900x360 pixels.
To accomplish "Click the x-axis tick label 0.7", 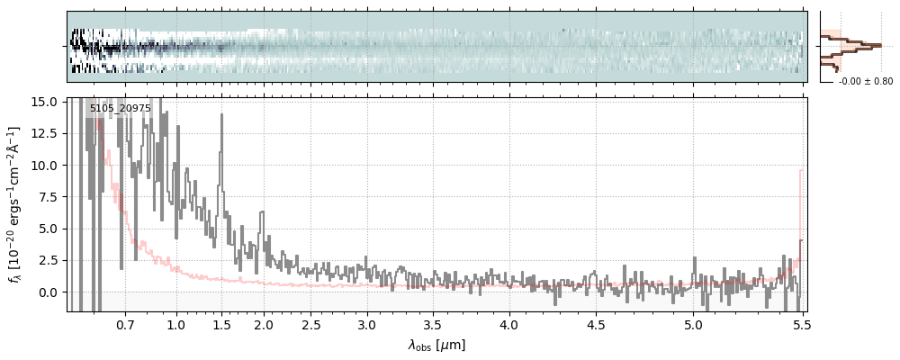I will coord(125,324).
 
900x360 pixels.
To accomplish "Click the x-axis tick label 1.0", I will coord(176,324).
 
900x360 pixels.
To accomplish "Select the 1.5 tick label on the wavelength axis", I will coord(221,324).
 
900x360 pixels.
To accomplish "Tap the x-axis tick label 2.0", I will coord(264,324).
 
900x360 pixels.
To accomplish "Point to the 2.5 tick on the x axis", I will coord(311,324).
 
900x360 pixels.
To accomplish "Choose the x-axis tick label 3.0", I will coord(366,324).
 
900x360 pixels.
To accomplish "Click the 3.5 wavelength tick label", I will coord(432,324).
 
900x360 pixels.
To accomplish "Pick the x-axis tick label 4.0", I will coord(509,324).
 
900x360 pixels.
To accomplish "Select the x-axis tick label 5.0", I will coord(693,324).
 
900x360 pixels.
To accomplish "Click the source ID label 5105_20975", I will coord(120,109).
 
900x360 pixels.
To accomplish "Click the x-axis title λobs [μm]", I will coord(436,345).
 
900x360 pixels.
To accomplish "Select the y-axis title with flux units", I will coord(14,204).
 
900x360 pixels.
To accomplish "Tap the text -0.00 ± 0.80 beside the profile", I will coord(866,81).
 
